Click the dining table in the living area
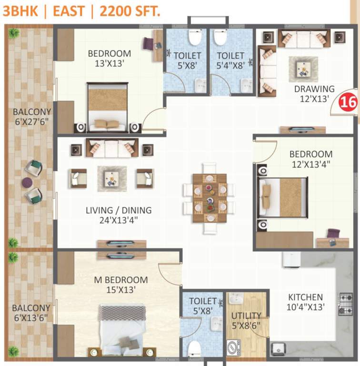(x=210, y=198)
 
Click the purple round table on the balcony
(x=27, y=182)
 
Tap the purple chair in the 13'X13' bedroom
(x=149, y=44)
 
